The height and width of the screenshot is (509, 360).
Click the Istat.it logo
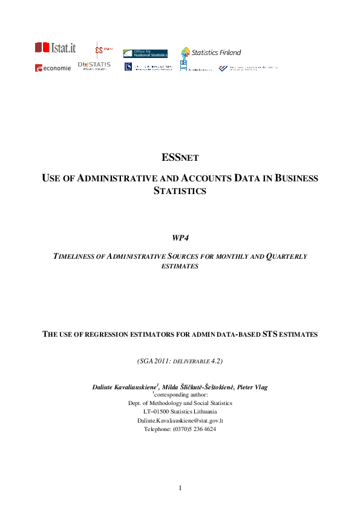(x=55, y=47)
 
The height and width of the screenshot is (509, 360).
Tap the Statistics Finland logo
(x=211, y=53)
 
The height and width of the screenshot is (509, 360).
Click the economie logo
(x=53, y=68)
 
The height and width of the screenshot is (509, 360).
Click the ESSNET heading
(x=180, y=158)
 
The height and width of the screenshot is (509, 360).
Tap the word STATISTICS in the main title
(x=180, y=191)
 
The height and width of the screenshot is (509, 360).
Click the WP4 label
(x=180, y=237)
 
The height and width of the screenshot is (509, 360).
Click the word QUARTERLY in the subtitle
(x=286, y=256)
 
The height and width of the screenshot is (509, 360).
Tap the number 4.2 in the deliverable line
(x=215, y=361)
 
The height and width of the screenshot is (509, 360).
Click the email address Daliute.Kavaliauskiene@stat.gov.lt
(x=180, y=420)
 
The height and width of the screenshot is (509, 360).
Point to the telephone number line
(x=180, y=429)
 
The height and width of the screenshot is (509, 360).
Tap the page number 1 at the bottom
(x=180, y=487)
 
